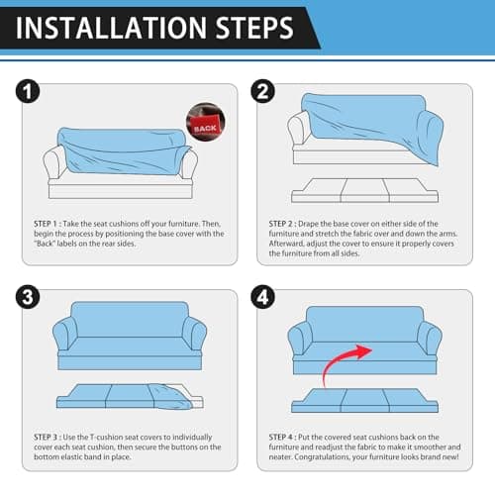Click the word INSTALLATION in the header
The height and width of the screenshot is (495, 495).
[x=111, y=28]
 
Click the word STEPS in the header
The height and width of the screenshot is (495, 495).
[x=254, y=28]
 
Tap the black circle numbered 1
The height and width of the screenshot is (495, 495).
[x=28, y=91]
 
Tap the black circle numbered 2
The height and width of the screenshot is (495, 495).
[x=262, y=91]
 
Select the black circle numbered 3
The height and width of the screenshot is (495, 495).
[x=28, y=297]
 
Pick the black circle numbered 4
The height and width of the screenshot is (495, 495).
[x=262, y=297]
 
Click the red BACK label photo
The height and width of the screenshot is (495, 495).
[x=206, y=122]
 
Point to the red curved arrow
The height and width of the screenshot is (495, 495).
[x=334, y=359]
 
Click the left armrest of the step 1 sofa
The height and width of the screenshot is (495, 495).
[x=53, y=163]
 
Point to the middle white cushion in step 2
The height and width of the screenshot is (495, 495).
[x=364, y=190]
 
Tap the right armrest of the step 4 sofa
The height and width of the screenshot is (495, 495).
[x=430, y=339]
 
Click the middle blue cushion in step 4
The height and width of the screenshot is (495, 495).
[x=365, y=400]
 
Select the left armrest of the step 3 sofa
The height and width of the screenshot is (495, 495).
[x=64, y=334]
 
